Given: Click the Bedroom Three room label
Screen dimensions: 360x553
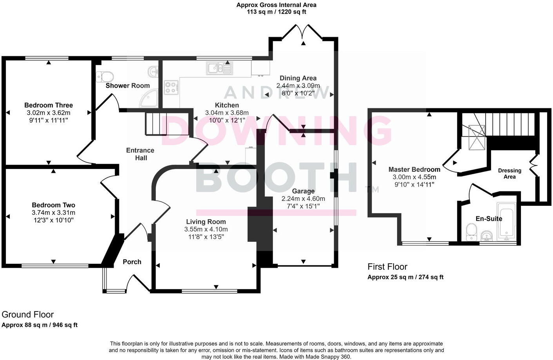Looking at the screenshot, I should pos(49,105).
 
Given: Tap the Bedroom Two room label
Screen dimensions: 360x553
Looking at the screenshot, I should pos(53,205).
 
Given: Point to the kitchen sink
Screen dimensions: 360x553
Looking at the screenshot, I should pos(219,68).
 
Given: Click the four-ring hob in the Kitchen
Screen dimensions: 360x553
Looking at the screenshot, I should pos(171,87).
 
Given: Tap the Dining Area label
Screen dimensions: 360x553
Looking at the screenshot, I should pos(298,78).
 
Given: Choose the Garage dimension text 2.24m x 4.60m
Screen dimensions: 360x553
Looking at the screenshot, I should pos(303,199).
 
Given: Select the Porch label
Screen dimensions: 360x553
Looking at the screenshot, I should pos(132,262).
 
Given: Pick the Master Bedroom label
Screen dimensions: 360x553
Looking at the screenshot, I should pos(414,169).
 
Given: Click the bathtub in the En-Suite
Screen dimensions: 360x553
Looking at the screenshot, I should pos(507,221).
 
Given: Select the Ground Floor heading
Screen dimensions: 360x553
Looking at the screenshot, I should pos(28,315).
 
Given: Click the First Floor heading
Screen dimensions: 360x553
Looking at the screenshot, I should pos(387,267).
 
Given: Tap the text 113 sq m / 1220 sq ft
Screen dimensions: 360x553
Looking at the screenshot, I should pos(276,12).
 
